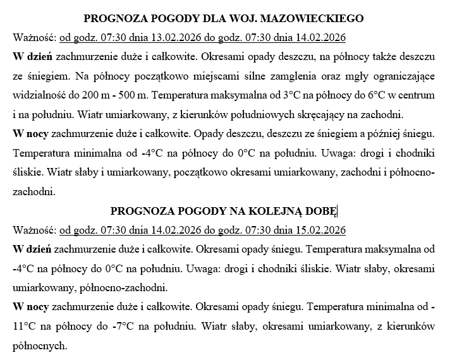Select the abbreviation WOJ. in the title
tap(252, 18)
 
